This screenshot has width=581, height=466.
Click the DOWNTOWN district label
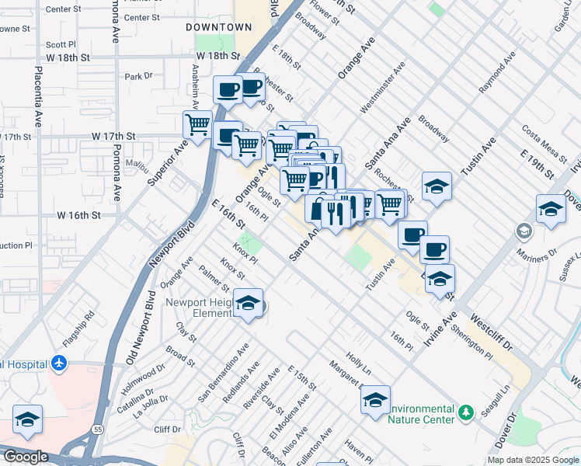pos(219,27)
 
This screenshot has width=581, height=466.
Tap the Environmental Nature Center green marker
pos(465,411)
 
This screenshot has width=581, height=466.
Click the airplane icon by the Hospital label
pos(58,363)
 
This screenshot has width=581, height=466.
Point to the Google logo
pos(26,457)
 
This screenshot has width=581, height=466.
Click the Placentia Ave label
pos(37,96)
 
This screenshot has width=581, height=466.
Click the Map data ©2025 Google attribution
pos(532,460)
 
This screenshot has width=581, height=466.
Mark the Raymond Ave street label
pos(497,74)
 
